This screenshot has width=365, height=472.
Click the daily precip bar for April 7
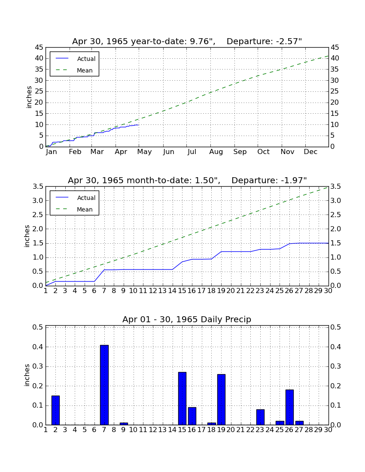click(104, 385)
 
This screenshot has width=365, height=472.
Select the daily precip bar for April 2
click(55, 410)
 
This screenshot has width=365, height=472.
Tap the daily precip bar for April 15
click(182, 399)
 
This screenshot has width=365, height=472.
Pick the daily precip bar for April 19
click(221, 399)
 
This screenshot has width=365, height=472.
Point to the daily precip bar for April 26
click(289, 407)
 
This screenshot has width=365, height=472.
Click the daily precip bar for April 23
click(260, 417)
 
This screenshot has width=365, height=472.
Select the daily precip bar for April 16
click(192, 416)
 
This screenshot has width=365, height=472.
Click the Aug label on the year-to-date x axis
click(216, 152)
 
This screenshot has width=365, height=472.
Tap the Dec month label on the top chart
click(310, 152)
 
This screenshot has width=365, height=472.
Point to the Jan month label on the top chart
click(51, 152)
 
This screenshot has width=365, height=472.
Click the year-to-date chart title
click(187, 41)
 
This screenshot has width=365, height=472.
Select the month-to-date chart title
click(187, 180)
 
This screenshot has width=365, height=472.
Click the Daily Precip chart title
click(187, 319)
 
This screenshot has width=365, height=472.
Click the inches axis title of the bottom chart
click(27, 375)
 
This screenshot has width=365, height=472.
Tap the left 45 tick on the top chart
click(39, 48)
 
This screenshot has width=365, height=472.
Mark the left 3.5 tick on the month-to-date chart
click(38, 187)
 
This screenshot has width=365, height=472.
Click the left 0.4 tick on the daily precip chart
click(38, 347)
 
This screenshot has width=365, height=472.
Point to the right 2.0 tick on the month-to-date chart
click(336, 229)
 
